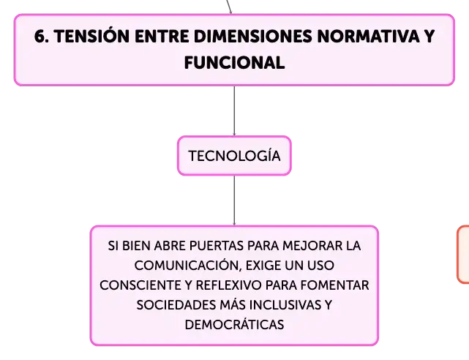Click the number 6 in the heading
pyautogui.click(x=40, y=37)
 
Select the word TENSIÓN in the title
pyautogui.click(x=92, y=36)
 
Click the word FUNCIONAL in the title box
pyautogui.click(x=234, y=63)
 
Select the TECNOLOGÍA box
pyautogui.click(x=234, y=155)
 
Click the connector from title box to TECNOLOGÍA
pyautogui.click(x=234, y=111)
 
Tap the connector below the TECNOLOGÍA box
pyautogui.click(x=234, y=200)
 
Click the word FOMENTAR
pyautogui.click(x=334, y=285)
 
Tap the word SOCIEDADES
pyautogui.click(x=176, y=305)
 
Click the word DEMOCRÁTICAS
pyautogui.click(x=234, y=324)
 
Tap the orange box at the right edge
pyautogui.click(x=463, y=255)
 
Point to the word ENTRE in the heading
pyautogui.click(x=162, y=37)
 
